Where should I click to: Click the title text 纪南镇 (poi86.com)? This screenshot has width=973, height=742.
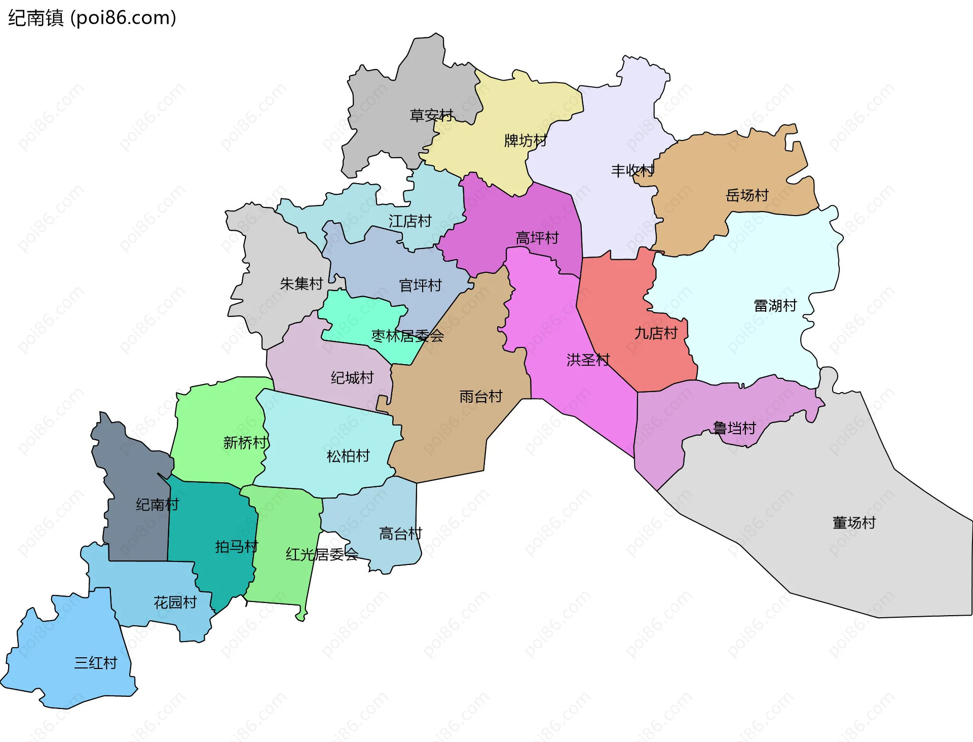pyautogui.click(x=92, y=18)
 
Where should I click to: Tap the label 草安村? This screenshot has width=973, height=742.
pyautogui.click(x=431, y=116)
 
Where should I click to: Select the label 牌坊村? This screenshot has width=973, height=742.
pyautogui.click(x=526, y=140)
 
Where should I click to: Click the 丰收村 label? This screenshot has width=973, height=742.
pyautogui.click(x=632, y=170)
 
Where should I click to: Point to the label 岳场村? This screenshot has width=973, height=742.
pyautogui.click(x=747, y=195)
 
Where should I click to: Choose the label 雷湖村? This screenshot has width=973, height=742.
pyautogui.click(x=775, y=306)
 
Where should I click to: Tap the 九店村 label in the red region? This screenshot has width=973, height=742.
pyautogui.click(x=656, y=333)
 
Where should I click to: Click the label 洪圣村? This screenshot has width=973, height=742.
pyautogui.click(x=588, y=360)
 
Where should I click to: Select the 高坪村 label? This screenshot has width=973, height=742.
pyautogui.click(x=537, y=238)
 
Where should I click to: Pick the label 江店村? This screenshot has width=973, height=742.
pyautogui.click(x=410, y=221)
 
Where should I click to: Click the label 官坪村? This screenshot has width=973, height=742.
pyautogui.click(x=420, y=286)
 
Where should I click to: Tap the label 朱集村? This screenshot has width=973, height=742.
pyautogui.click(x=301, y=284)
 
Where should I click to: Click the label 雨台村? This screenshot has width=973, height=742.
pyautogui.click(x=480, y=397)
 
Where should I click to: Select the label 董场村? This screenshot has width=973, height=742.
pyautogui.click(x=854, y=522)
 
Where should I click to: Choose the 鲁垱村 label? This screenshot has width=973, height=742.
pyautogui.click(x=734, y=429)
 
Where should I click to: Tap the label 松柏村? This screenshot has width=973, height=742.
pyautogui.click(x=348, y=456)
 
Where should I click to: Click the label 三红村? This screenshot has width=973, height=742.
pyautogui.click(x=95, y=663)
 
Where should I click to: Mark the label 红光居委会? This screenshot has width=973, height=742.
pyautogui.click(x=322, y=554)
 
